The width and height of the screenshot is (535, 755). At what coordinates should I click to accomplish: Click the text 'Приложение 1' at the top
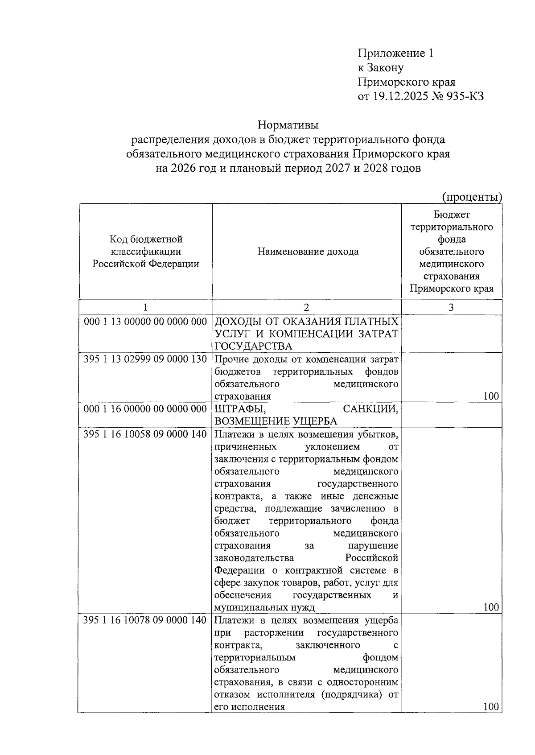pos(395,54)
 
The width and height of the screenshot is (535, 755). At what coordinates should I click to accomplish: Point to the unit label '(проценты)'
pos(472,197)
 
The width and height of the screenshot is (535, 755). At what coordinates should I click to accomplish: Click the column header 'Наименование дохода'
pos(308,252)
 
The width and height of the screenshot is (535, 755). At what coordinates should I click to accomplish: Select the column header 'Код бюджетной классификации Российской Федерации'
pos(146,252)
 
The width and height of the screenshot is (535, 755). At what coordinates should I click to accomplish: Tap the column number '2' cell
pos(306,307)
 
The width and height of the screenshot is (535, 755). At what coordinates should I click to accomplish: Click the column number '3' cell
pos(451,307)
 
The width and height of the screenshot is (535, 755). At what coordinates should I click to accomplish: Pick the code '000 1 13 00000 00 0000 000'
pos(145,322)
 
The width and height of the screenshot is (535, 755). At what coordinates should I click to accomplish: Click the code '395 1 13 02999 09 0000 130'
pos(145,359)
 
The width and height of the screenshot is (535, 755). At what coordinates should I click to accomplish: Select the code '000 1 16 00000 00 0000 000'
pos(145,409)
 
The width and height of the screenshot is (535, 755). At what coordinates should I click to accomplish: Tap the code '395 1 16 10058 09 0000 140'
pos(145,434)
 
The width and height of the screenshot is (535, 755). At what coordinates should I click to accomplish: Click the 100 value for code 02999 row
pos(491,396)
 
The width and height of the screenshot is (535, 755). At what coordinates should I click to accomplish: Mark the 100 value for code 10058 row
pos(491,607)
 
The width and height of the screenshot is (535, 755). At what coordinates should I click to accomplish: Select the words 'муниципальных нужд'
pos(264,607)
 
